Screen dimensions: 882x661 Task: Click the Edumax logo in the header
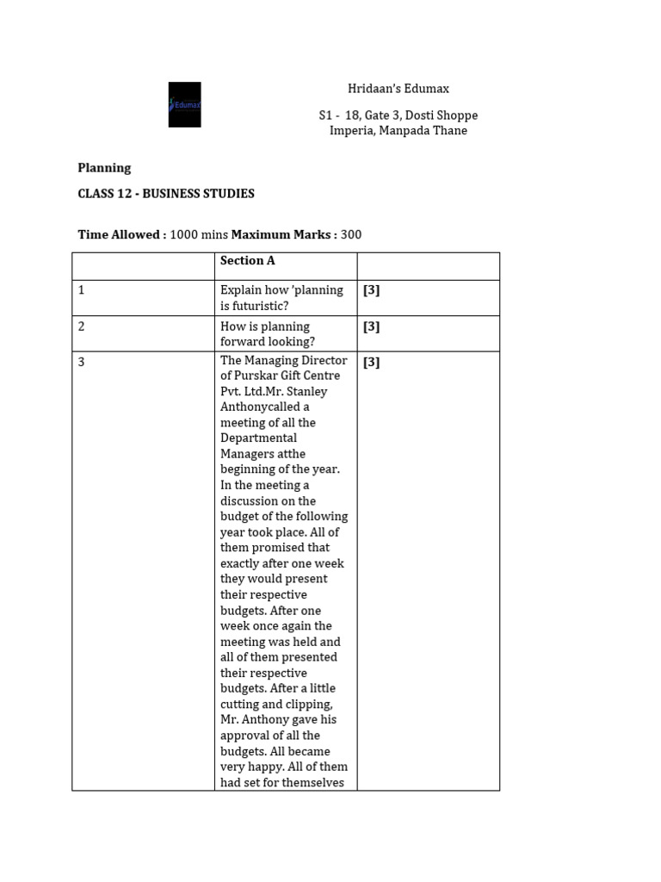184,104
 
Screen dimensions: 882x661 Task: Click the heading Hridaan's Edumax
398,89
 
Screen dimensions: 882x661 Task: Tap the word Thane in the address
451,131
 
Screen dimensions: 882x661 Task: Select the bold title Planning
104,168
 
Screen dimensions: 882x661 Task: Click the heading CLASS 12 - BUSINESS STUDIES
166,194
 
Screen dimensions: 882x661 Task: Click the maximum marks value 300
350,234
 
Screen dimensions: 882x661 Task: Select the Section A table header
247,261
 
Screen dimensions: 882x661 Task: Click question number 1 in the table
82,290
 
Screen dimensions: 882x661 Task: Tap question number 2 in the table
82,326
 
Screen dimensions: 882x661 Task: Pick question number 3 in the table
82,362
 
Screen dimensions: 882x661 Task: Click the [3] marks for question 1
371,290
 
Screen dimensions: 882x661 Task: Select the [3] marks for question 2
371,326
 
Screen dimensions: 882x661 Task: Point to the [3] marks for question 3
371,362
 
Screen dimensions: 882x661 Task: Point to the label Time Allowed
120,234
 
